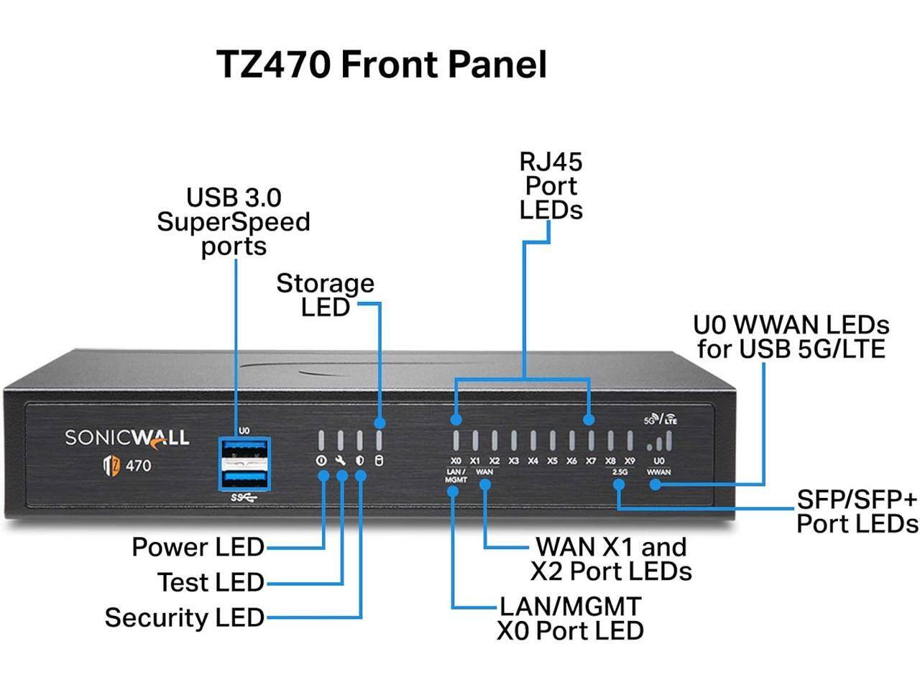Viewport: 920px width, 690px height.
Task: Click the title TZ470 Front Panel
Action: click(x=381, y=65)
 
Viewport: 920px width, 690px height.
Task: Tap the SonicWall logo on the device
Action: click(x=127, y=438)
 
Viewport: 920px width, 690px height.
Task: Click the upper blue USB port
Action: click(x=244, y=451)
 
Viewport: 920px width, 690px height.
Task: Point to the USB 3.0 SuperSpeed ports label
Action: click(x=234, y=221)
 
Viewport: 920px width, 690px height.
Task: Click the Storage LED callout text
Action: click(x=325, y=295)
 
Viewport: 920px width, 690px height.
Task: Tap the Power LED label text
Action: click(x=198, y=548)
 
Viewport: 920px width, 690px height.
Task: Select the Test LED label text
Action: click(x=211, y=582)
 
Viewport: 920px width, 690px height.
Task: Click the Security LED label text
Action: click(x=185, y=617)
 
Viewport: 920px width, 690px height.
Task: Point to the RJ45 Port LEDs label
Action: click(x=551, y=186)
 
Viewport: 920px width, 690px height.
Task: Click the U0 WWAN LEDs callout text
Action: click(x=791, y=337)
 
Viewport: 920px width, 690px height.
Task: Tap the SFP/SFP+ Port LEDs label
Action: click(x=857, y=512)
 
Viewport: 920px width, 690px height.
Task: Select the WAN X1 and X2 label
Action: click(x=611, y=559)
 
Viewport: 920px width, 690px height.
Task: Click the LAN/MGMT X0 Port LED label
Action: click(x=570, y=619)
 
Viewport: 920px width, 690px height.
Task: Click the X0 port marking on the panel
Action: click(x=456, y=461)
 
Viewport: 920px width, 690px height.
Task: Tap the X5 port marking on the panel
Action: click(x=552, y=461)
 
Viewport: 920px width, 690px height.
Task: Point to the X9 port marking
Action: click(x=630, y=461)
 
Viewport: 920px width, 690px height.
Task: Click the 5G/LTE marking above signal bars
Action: click(x=660, y=419)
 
